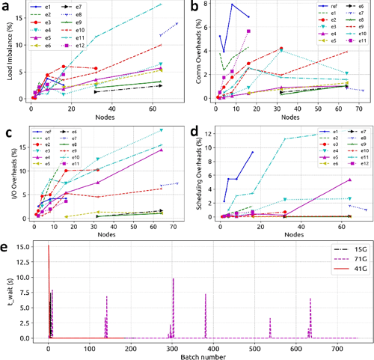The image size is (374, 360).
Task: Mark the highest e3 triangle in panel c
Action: [161, 130]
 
